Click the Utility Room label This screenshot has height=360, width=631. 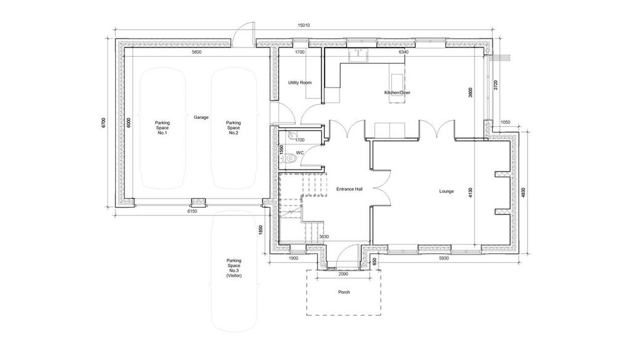click(x=300, y=83)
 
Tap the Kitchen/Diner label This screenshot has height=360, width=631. click(x=397, y=92)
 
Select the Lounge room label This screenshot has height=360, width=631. click(x=446, y=191)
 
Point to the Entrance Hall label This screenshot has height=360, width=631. click(x=349, y=189)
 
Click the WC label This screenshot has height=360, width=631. click(x=300, y=153)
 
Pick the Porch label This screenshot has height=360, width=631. click(x=344, y=292)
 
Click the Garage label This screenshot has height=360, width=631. click(x=202, y=117)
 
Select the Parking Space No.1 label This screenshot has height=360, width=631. click(x=163, y=128)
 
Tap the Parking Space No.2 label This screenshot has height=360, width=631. click(x=234, y=128)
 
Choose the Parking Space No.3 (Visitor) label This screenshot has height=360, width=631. click(x=234, y=268)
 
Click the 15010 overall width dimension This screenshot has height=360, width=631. click(x=304, y=25)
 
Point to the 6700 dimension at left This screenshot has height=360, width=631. click(x=104, y=123)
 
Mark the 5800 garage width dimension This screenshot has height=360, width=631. click(x=197, y=52)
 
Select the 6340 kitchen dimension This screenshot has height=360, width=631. click(x=404, y=52)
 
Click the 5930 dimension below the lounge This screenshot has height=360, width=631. click(x=444, y=258)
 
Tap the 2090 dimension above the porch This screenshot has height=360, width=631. click(x=343, y=274)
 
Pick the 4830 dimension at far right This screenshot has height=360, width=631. click(x=523, y=192)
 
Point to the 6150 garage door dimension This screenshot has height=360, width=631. click(x=192, y=211)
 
